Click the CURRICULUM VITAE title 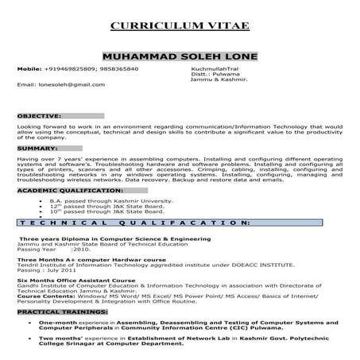point(180,26)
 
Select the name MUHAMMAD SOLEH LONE point(180,57)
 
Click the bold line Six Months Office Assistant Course point(72,281)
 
